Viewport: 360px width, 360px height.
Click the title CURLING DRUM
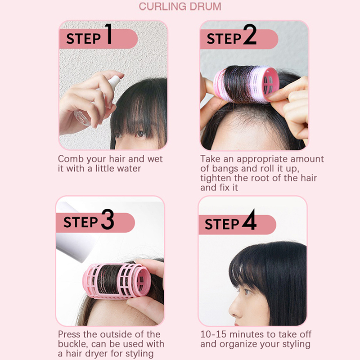click(180, 6)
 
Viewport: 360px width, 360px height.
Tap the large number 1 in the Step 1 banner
click(109, 34)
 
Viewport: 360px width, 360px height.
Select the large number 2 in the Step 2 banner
click(250, 35)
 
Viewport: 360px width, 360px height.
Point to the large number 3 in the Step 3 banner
click(108, 220)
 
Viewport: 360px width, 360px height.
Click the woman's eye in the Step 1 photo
click(140, 134)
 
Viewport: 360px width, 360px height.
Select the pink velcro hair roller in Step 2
click(246, 84)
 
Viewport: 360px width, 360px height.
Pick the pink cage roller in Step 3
click(117, 281)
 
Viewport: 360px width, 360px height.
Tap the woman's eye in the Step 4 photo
click(247, 292)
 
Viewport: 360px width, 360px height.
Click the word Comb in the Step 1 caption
click(71, 159)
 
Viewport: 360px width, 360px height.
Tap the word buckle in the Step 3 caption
click(73, 344)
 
